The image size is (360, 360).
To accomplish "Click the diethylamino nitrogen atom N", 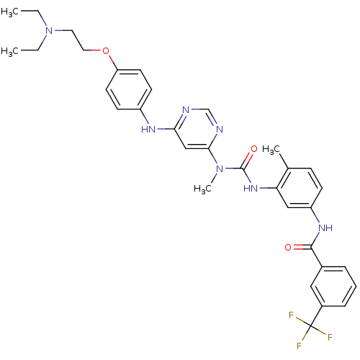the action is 49,31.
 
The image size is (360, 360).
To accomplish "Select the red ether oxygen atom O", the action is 106,51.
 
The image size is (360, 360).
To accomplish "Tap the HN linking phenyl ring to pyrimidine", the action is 148,130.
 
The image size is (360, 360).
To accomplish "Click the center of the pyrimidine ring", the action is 197,129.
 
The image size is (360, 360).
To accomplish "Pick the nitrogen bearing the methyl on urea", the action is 220,168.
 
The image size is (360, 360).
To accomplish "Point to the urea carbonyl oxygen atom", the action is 254,149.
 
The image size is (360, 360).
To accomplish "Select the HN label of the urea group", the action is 251,188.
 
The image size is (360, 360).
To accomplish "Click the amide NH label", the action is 325,228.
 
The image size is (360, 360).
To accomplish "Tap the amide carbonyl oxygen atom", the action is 288,247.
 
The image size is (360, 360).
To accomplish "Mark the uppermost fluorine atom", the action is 292,315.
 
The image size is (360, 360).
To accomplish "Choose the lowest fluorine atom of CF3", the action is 299,346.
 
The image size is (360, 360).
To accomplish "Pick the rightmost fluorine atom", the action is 330,337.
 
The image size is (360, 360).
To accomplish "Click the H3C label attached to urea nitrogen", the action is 202,189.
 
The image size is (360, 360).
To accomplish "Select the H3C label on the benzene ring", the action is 271,150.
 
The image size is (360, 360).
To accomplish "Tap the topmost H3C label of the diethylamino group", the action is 9,12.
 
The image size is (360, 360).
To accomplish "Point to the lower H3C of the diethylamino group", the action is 9,51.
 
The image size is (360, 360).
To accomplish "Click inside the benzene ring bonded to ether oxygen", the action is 129,89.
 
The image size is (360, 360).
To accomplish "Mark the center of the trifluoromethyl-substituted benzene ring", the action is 333,287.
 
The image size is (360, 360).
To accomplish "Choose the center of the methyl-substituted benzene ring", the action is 300,188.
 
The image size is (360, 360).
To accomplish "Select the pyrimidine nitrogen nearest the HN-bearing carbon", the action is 186,109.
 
